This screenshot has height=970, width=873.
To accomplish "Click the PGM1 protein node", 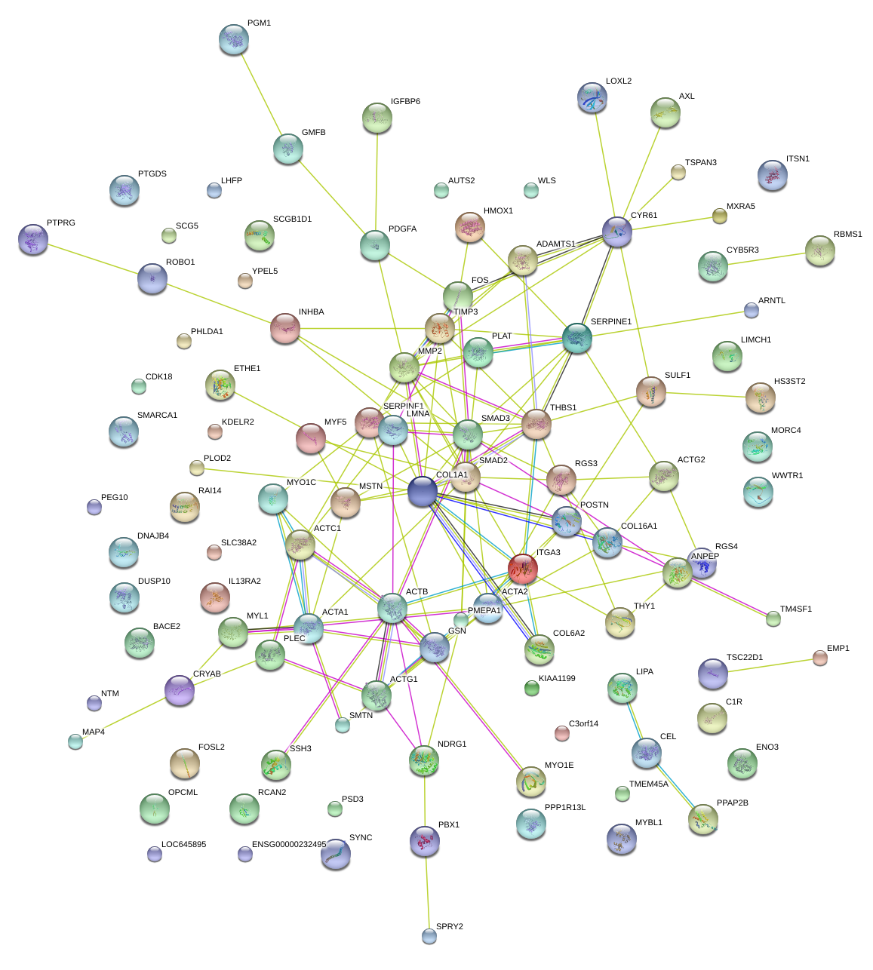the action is coord(233,39).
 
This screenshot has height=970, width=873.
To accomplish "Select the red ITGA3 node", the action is coord(523,568).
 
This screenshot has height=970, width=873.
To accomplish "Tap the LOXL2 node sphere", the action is coord(592,97).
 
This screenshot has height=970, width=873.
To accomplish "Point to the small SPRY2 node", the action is coord(429,936).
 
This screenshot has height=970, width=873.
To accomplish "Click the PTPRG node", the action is coord(32,239).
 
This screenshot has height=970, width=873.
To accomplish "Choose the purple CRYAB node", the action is coord(180,689).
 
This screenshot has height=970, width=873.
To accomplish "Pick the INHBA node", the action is coord(285,327).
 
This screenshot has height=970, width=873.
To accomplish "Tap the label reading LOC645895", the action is coord(183,845).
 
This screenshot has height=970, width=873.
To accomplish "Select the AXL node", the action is coord(666,112).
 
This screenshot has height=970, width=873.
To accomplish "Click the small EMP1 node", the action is coord(820,658).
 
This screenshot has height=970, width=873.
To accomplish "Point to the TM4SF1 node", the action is coord(773,619).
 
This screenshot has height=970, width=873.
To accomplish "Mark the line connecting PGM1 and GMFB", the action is coord(261,95).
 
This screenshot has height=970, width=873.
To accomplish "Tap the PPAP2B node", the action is coord(703,819).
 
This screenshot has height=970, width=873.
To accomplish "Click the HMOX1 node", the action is coord(470,227).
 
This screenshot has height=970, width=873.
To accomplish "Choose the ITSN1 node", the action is coord(773,175).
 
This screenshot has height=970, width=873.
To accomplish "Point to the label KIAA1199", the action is coord(557,679).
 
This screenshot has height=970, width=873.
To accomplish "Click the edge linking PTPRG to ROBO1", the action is coord(93,259).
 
